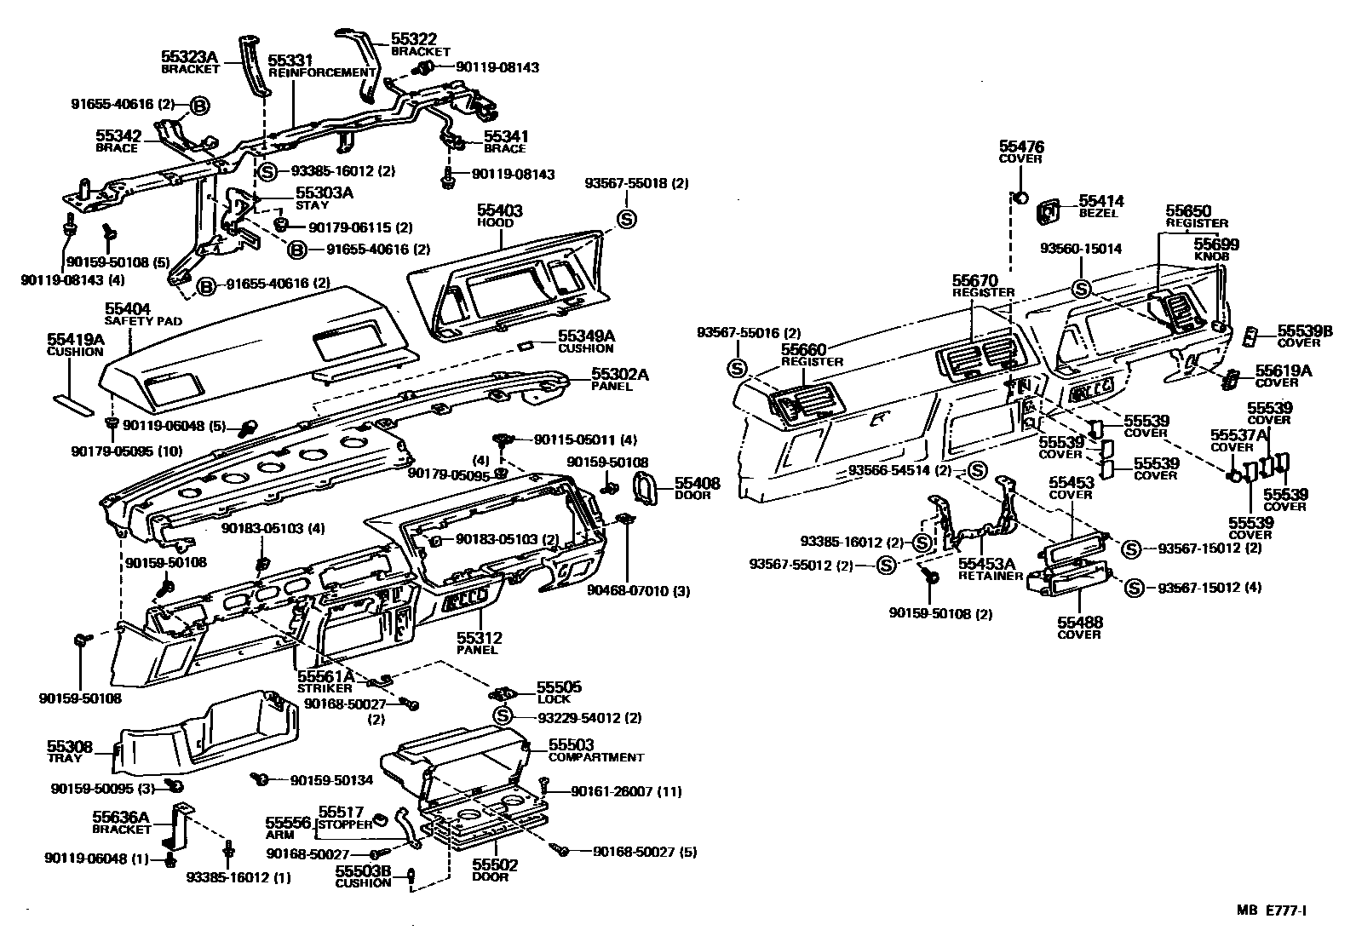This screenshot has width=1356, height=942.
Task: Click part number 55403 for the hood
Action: click(500, 210)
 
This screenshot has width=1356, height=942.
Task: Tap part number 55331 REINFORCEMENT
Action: click(290, 61)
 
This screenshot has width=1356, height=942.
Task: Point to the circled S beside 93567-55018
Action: click(627, 219)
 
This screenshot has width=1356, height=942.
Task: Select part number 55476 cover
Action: click(1020, 147)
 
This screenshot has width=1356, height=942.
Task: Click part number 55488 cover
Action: click(1079, 623)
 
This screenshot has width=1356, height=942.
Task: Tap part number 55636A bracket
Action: click(121, 817)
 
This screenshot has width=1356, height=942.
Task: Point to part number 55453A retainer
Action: click(987, 564)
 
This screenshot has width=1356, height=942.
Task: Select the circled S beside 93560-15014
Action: click(1081, 289)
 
